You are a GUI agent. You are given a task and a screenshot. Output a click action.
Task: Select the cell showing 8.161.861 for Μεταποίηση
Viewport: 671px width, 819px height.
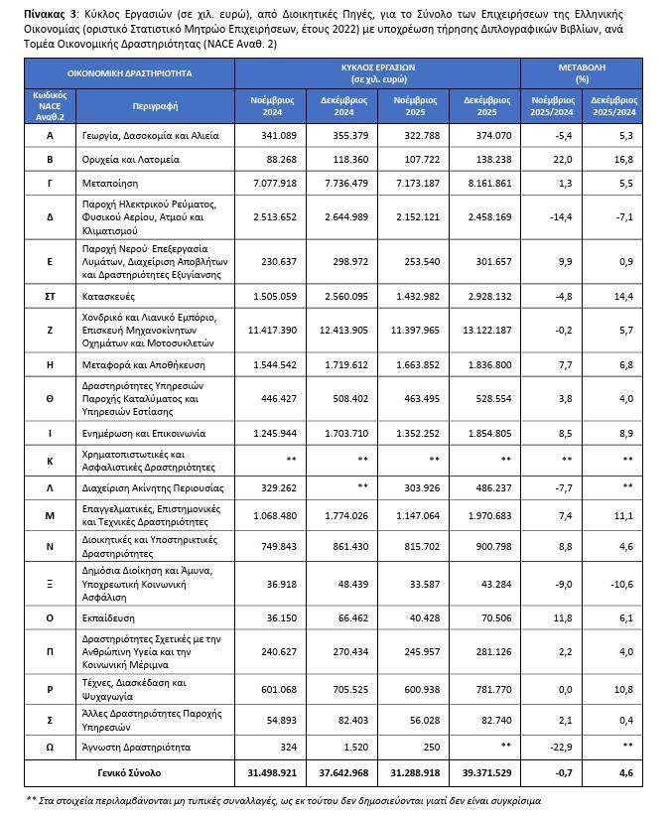pos(483,184)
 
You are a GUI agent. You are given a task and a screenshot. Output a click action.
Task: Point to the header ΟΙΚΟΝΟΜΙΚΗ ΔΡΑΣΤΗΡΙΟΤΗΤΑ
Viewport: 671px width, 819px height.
pos(129,73)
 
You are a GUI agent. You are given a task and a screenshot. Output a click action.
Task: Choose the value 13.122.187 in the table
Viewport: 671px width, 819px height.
pos(483,330)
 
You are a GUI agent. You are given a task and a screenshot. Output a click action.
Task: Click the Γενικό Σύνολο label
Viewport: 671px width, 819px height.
pos(129,771)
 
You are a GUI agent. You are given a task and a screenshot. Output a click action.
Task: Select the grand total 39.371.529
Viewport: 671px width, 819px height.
pos(483,771)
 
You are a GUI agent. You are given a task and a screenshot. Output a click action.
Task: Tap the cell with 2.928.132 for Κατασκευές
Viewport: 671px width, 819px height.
pos(485,296)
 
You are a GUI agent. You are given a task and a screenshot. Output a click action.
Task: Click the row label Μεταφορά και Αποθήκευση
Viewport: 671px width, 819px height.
pos(154,365)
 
